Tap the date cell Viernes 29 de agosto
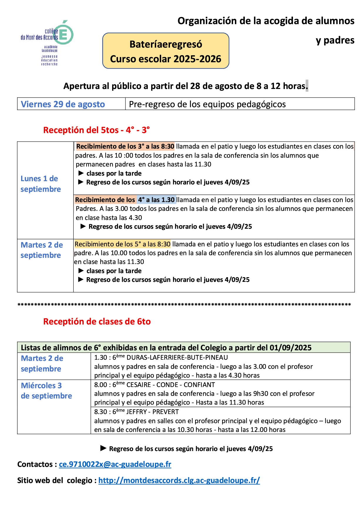point(63,104)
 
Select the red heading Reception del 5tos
point(96,130)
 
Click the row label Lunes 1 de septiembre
point(41,184)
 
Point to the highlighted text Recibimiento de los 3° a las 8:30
point(125,146)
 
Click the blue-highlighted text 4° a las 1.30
point(156,200)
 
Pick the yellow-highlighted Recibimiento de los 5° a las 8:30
point(122,244)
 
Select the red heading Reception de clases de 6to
point(97,322)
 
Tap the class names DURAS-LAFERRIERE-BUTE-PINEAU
point(177,357)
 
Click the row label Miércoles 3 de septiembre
point(46,391)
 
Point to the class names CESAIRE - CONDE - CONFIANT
point(171,385)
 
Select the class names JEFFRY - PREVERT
point(152,412)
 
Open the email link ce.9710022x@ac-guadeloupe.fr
point(115,464)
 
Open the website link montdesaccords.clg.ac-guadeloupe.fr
point(179,480)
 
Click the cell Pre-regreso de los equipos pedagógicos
point(207,104)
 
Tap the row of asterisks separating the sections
point(184,305)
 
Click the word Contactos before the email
point(35,464)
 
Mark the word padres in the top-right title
point(339,40)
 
